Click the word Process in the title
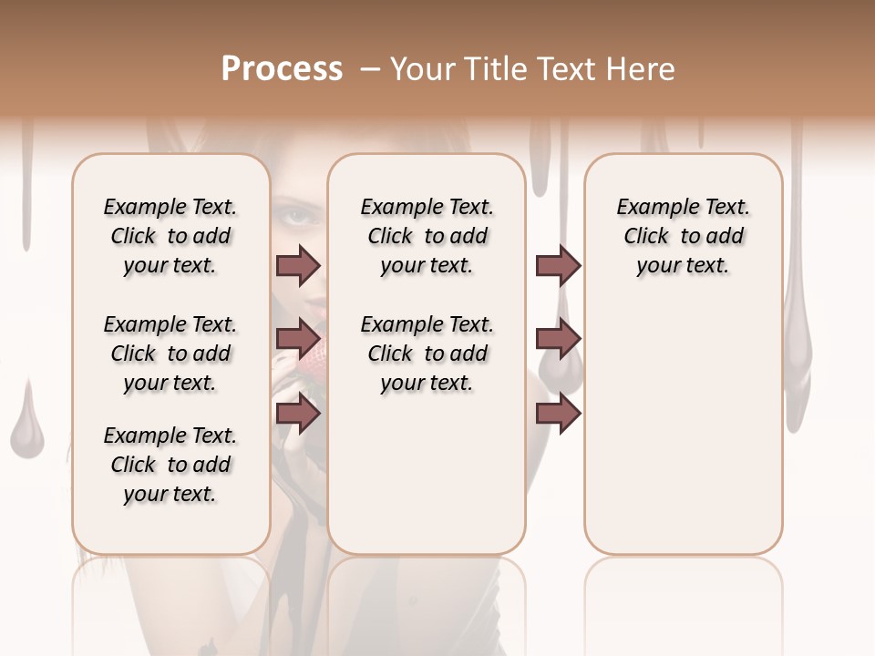click(x=282, y=69)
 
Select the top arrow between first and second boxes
click(x=298, y=265)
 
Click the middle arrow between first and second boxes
click(x=298, y=339)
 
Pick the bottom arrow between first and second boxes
click(x=298, y=413)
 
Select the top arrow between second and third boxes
click(x=558, y=265)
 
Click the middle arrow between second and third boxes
click(x=558, y=339)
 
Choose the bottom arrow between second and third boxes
click(x=558, y=413)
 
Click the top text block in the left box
click(x=170, y=236)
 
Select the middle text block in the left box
click(x=170, y=354)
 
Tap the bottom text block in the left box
click(x=170, y=465)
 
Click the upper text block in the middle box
click(x=427, y=236)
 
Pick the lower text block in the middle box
click(x=427, y=354)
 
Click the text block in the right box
click(x=683, y=236)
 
